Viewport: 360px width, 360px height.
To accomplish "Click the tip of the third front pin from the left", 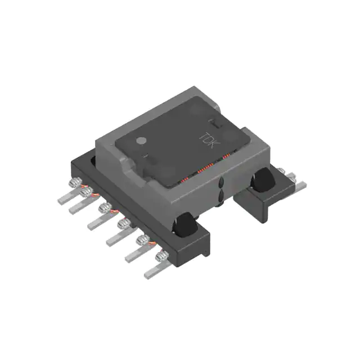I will (x=92, y=225).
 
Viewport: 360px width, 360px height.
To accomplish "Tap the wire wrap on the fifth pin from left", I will (x=145, y=241).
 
